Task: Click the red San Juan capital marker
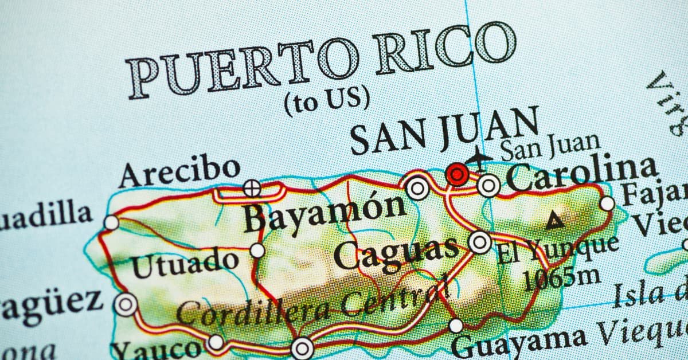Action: click(457, 174)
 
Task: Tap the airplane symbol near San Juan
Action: click(479, 156)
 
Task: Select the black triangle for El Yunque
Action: click(554, 220)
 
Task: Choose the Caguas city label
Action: click(396, 253)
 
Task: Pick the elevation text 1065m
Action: click(563, 279)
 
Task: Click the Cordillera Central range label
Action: click(312, 303)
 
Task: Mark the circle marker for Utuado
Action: click(257, 251)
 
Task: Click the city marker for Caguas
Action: click(479, 242)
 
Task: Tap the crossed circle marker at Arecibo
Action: click(251, 187)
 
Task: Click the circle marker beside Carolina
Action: click(488, 185)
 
